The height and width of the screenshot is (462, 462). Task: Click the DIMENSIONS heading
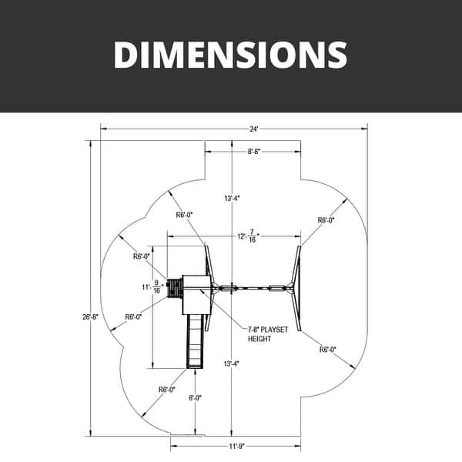[230, 55]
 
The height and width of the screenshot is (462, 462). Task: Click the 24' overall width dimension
[254, 129]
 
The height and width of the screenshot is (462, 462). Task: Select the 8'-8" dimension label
[254, 152]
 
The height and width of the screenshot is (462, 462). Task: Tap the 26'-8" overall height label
[90, 317]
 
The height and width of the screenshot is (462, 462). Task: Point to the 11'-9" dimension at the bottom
[237, 447]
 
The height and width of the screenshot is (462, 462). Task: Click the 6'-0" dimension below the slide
[195, 398]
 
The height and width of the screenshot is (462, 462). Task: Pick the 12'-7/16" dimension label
[249, 236]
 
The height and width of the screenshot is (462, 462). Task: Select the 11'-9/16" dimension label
[152, 286]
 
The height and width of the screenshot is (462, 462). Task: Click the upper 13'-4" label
[233, 199]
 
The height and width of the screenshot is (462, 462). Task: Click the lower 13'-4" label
[231, 364]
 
